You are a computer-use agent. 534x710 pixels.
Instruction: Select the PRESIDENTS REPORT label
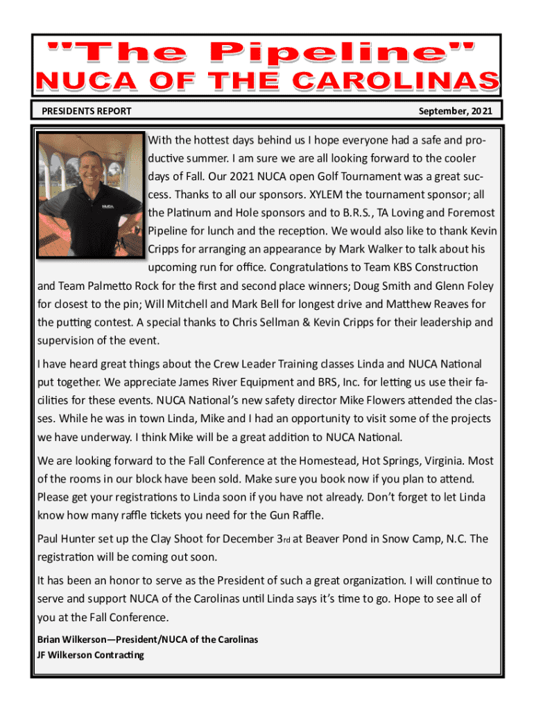[87, 111]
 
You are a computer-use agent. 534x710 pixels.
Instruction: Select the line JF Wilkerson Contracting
[91, 655]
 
